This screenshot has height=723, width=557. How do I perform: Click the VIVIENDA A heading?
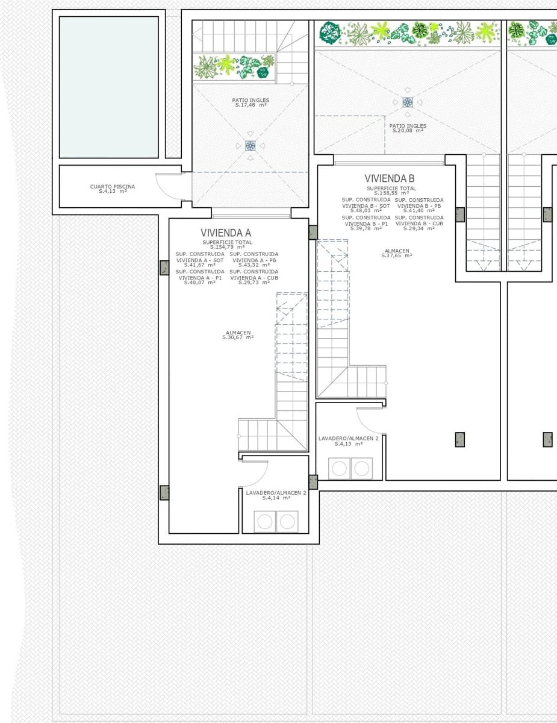click(226, 233)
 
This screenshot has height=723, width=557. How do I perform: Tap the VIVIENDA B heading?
click(389, 178)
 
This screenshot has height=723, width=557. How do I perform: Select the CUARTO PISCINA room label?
click(113, 189)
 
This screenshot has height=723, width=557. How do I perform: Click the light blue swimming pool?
click(109, 87)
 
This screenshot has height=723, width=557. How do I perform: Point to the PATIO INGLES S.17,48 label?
click(250, 102)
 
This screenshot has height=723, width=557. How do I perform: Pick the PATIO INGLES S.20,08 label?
click(408, 128)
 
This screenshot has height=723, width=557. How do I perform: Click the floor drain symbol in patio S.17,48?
click(250, 145)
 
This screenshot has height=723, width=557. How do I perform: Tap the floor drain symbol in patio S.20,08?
click(408, 102)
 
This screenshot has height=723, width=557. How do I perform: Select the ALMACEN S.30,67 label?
click(238, 335)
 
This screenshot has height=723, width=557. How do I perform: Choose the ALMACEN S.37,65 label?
click(397, 253)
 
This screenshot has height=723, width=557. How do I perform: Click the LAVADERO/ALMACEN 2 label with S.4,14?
click(276, 495)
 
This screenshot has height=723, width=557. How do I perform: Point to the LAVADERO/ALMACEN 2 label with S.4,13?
click(348, 440)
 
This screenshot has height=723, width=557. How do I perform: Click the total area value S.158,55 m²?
click(391, 193)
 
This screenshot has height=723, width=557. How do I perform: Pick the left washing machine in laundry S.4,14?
click(265, 521)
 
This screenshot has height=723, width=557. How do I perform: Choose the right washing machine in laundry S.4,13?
click(362, 468)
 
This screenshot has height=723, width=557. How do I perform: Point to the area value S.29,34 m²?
click(419, 228)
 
